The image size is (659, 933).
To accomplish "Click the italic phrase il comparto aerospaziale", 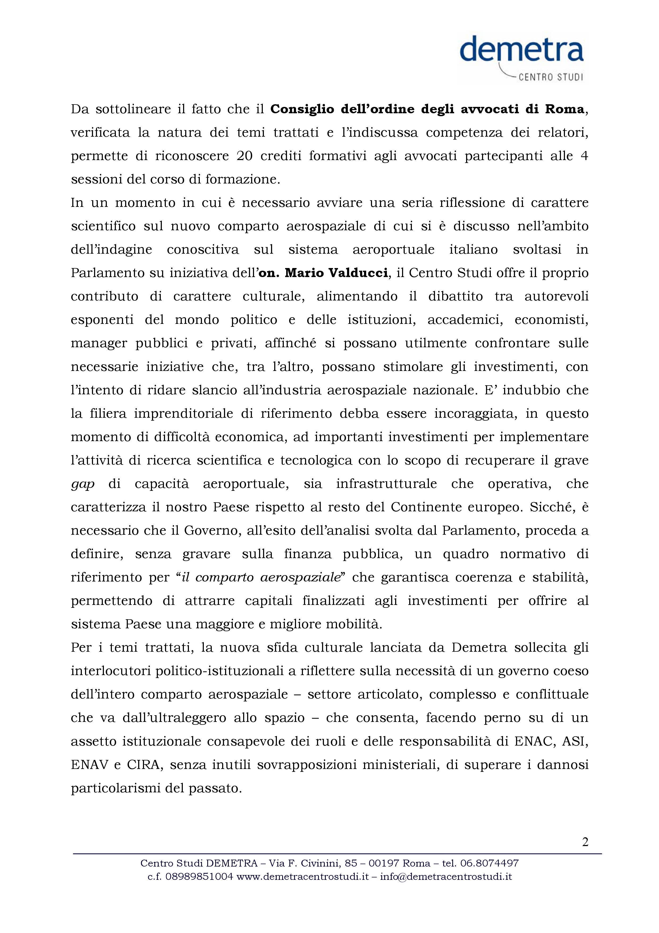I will point(261,578).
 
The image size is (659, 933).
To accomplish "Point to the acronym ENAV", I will point(90,765).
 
